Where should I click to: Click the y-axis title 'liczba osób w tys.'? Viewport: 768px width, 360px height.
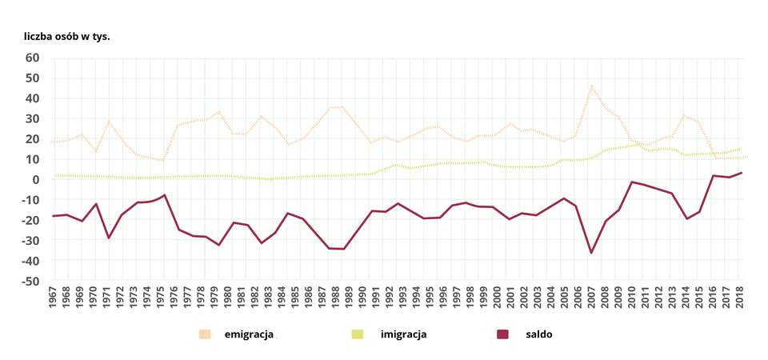tap(66, 37)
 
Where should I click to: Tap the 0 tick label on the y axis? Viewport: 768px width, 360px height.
tap(36, 179)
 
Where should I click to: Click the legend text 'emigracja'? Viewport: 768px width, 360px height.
tap(249, 334)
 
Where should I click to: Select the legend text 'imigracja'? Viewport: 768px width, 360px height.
tap(403, 334)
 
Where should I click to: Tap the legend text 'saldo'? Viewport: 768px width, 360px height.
tap(538, 334)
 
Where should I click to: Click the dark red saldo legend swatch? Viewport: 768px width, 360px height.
tap(502, 334)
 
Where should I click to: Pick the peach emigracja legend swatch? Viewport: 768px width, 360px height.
tap(205, 334)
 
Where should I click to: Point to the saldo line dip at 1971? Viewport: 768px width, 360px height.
tap(107, 238)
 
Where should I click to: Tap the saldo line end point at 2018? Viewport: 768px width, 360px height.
tap(742, 173)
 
